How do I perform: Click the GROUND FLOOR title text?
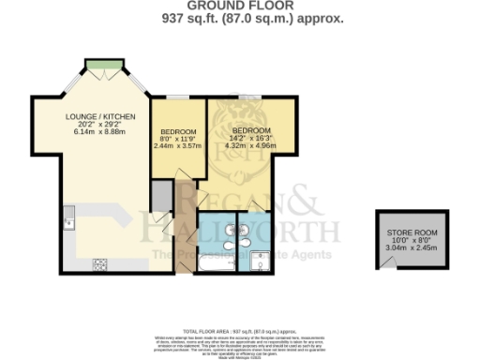[239, 6]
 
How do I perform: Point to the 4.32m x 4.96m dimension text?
[252, 144]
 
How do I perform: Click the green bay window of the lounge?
[102, 65]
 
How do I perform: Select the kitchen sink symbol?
[68, 223]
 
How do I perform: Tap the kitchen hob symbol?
[99, 264]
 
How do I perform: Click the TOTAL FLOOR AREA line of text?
[239, 330]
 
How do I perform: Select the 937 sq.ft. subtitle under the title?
[239, 18]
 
